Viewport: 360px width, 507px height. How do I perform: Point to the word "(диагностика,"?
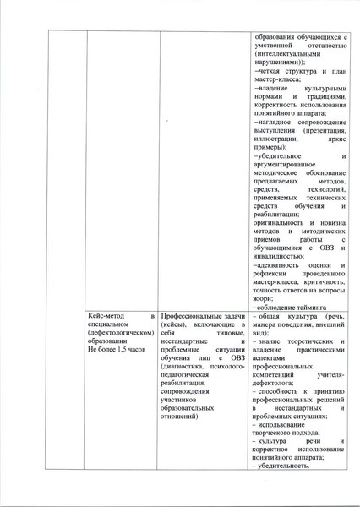pyautogui.click(x=183, y=365)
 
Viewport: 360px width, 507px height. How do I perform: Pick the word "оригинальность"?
pyautogui.click(x=280, y=223)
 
